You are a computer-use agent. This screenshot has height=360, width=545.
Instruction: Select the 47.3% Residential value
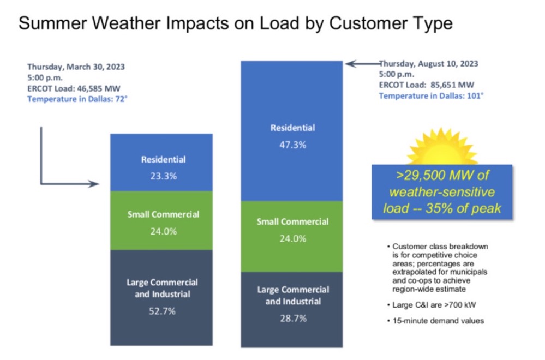pyautogui.click(x=292, y=145)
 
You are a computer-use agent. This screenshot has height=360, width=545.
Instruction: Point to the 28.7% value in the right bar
pyautogui.click(x=292, y=317)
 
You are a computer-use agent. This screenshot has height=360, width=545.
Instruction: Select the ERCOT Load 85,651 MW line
pyautogui.click(x=427, y=85)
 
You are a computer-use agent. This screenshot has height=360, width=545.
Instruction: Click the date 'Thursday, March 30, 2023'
pyautogui.click(x=76, y=67)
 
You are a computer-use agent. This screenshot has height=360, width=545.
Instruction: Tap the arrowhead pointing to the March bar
pyautogui.click(x=96, y=184)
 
